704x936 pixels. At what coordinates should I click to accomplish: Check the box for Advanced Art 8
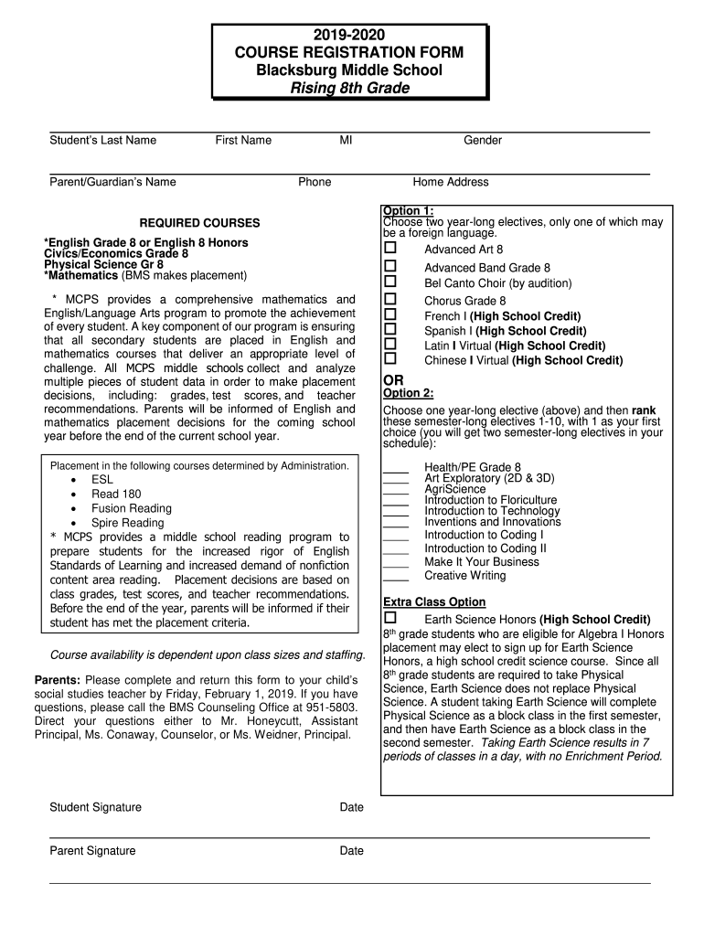coord(390,249)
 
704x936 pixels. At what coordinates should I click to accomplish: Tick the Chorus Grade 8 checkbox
coord(390,300)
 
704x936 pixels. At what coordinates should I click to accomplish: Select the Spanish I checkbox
coord(390,330)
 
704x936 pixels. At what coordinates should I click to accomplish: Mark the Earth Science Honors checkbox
coord(390,619)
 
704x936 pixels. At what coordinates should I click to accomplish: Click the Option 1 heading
coord(409,211)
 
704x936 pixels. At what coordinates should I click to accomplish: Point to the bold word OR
coord(393,380)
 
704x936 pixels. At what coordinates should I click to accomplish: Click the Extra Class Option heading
coord(433,602)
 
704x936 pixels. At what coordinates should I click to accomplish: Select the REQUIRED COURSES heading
coord(199,223)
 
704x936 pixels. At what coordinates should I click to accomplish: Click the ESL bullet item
coord(102,479)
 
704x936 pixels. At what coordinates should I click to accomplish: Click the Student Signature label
coord(95,807)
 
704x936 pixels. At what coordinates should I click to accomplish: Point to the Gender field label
coord(483,140)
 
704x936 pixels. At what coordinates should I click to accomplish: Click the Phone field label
coord(315,182)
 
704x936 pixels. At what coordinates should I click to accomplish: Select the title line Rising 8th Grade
coord(349,88)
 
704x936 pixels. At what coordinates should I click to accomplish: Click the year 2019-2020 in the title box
coord(349,35)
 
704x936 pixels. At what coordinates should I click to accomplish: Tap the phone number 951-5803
coord(329,707)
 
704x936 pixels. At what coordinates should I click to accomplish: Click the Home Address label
coord(451,182)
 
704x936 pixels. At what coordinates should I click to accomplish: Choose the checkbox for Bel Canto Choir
coord(390,282)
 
